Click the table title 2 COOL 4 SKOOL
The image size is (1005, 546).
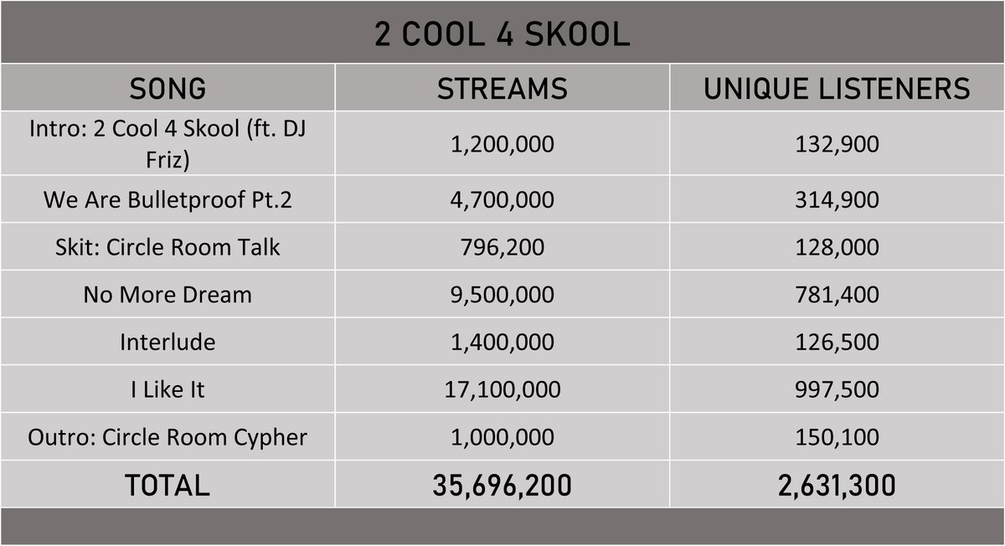point(502,34)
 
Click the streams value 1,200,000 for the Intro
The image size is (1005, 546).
point(502,144)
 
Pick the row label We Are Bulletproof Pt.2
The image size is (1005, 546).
point(167,200)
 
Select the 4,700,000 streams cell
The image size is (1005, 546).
point(502,200)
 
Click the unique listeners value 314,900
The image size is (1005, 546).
point(837,200)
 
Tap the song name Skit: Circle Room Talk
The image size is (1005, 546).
point(167,247)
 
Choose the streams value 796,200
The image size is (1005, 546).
point(502,247)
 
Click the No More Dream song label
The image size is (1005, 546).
point(167,295)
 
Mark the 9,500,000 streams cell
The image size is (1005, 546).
point(502,295)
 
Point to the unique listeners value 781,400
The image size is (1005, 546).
point(837,295)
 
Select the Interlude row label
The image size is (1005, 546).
point(167,342)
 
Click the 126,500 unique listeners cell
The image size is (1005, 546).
point(837,342)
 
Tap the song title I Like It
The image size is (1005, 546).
point(167,389)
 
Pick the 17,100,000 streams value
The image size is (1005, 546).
point(502,389)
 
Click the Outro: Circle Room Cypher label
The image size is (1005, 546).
point(167,437)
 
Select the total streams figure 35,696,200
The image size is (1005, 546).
point(502,485)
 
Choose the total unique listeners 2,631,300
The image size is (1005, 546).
point(837,485)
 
